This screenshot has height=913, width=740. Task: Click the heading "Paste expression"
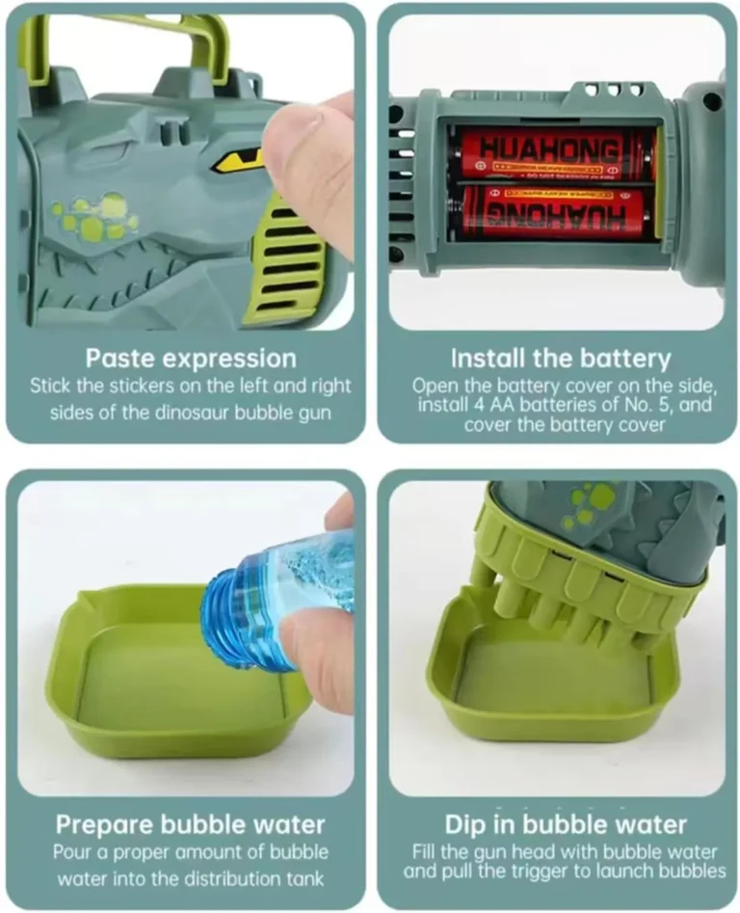pos(191,359)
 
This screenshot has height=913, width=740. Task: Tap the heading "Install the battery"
pos(561,359)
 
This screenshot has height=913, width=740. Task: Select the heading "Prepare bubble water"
pos(190,825)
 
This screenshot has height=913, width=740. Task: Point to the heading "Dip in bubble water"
pos(566,825)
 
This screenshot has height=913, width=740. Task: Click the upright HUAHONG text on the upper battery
pos(550,149)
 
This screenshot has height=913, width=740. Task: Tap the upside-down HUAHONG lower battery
pos(550,213)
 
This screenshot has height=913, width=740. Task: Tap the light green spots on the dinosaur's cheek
pos(94,217)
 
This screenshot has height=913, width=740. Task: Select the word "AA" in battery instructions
pos(487,405)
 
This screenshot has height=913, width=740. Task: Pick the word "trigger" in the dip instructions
pos(543,872)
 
